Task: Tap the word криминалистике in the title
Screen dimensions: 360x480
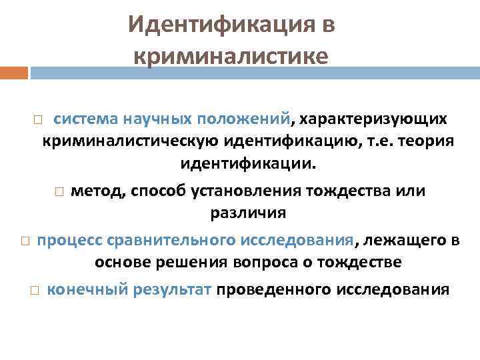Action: [231, 57]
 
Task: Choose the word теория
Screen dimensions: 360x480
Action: [421, 141]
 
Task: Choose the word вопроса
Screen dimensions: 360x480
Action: [260, 262]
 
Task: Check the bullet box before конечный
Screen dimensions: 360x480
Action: [34, 290]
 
